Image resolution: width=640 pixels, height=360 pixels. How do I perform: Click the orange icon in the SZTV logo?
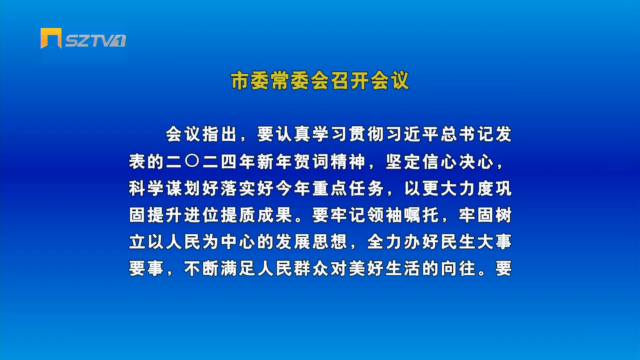(51, 38)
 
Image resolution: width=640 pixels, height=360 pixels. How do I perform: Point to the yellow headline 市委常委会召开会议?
(320, 81)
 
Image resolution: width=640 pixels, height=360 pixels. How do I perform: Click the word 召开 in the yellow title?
(350, 81)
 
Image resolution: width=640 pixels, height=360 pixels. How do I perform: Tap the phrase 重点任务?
(348, 188)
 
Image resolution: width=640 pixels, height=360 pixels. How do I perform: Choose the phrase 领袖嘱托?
(403, 215)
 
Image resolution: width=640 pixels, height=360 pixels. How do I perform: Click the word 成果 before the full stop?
(275, 215)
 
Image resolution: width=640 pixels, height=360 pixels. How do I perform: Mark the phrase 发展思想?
(311, 242)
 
